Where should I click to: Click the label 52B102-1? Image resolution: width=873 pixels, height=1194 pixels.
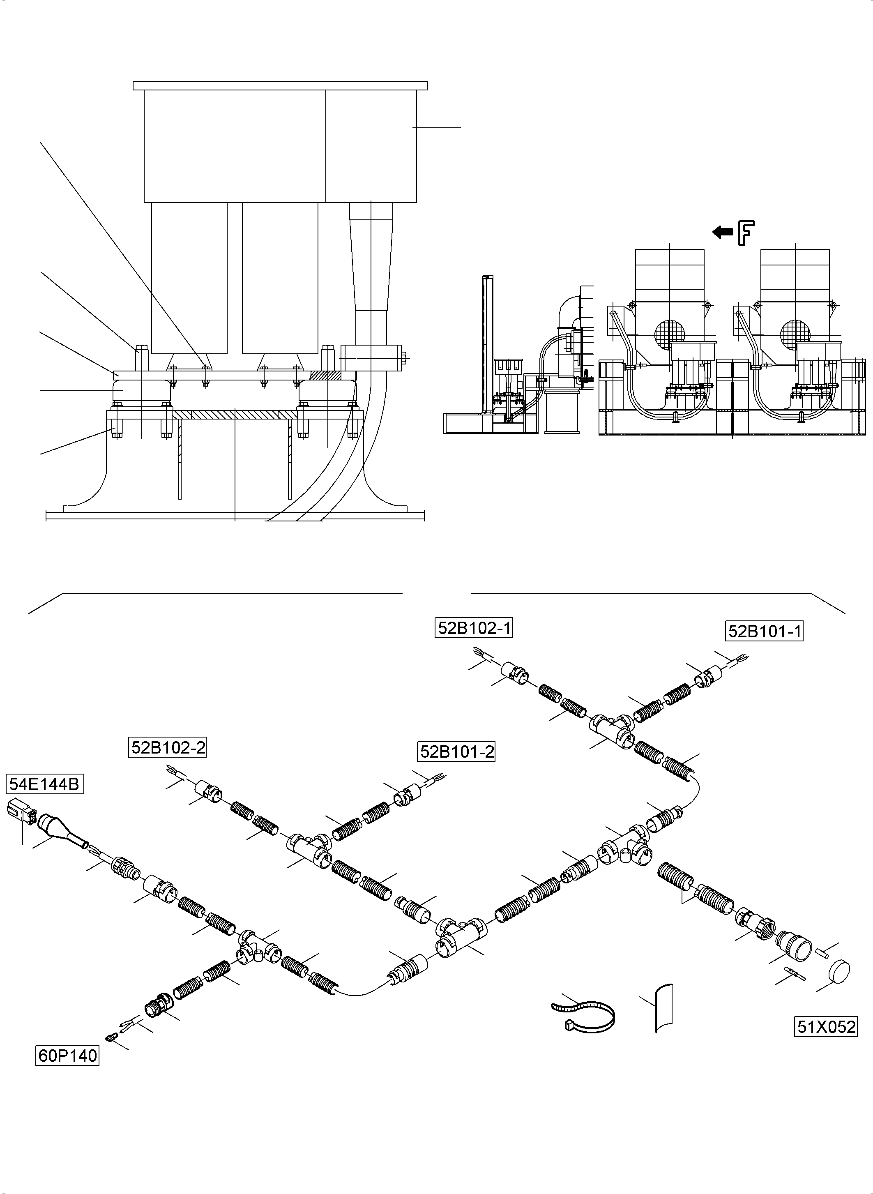click(x=474, y=628)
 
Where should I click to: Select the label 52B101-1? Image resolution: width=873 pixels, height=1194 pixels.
click(x=764, y=631)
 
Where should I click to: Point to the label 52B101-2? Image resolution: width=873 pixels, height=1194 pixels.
click(x=456, y=751)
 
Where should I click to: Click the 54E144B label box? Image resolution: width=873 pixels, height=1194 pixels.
click(x=45, y=784)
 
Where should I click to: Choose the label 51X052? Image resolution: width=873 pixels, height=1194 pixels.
click(x=825, y=1027)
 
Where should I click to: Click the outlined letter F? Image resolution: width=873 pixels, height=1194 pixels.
click(x=746, y=233)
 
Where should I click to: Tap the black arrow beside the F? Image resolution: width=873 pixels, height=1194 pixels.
click(x=722, y=231)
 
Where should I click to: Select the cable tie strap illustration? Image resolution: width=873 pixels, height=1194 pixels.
click(x=584, y=1015)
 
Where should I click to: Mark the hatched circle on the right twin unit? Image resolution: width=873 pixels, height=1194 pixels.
click(x=795, y=334)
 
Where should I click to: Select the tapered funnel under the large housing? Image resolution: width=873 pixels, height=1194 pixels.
click(x=371, y=259)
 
